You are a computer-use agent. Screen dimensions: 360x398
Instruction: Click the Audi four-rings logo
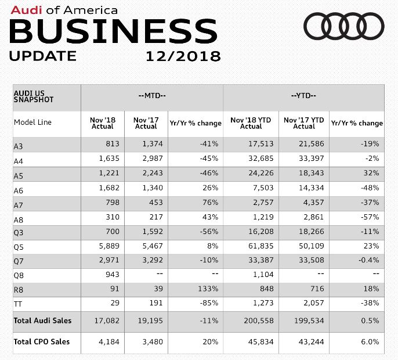tap(344, 27)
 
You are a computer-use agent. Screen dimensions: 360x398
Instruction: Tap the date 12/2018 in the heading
tap(183, 56)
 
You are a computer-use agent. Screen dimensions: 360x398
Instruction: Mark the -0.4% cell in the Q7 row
tap(368, 260)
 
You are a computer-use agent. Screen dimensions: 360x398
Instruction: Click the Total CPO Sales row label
tap(41, 341)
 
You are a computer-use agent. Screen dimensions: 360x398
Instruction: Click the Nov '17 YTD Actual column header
tap(303, 123)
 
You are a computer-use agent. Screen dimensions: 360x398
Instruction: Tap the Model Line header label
tap(32, 123)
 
